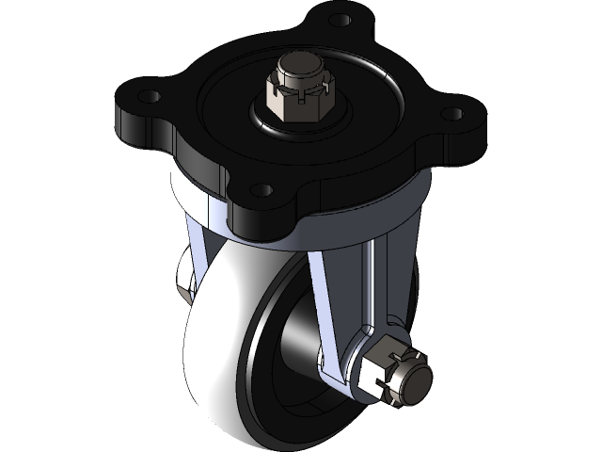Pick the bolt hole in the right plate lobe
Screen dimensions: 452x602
452,114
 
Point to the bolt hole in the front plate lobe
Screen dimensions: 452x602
262,191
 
